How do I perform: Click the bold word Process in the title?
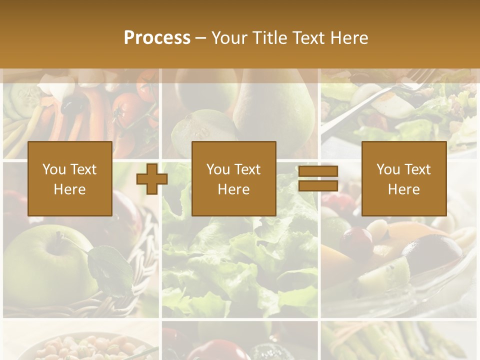click(157, 38)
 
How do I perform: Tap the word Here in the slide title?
click(349, 38)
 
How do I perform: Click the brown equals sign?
click(318, 179)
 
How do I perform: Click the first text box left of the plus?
click(70, 179)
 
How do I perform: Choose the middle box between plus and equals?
click(234, 179)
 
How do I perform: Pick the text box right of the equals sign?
click(404, 179)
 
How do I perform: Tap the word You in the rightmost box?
click(388, 169)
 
